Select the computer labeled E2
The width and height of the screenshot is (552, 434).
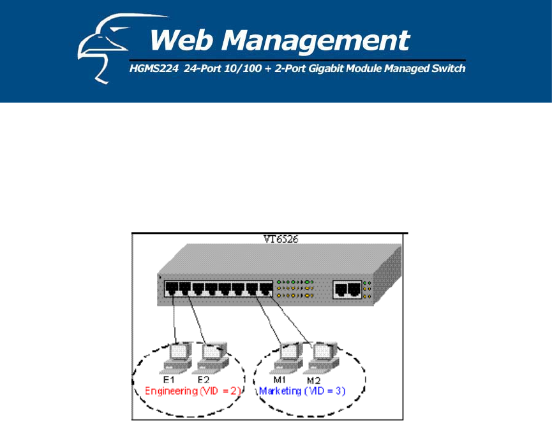click(210, 356)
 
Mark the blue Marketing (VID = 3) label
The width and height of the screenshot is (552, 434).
click(302, 391)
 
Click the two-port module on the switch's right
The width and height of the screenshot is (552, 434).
click(347, 290)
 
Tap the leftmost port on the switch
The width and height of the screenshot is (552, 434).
click(171, 288)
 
